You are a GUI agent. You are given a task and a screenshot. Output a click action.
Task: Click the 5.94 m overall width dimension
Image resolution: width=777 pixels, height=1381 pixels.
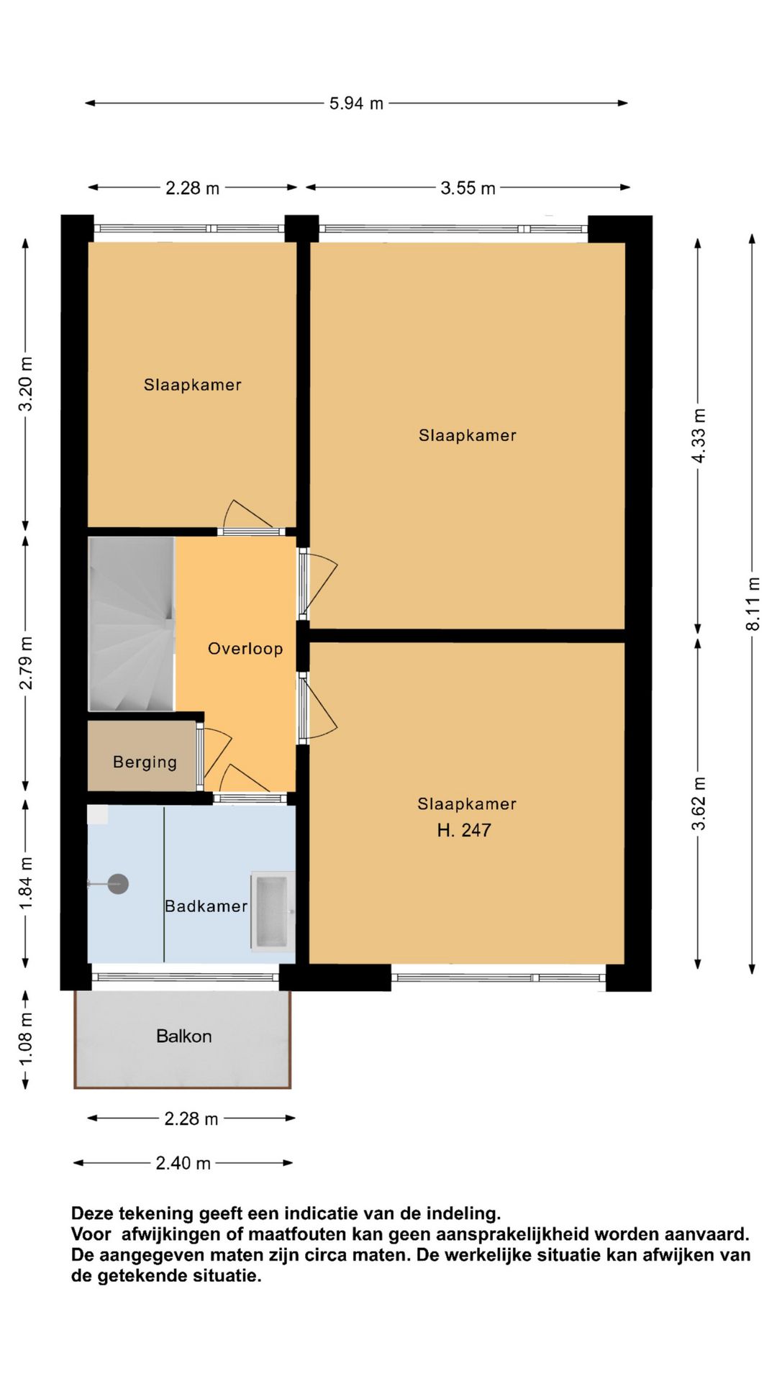click(x=356, y=104)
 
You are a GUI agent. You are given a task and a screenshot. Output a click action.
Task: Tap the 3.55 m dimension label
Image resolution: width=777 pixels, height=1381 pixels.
click(x=468, y=188)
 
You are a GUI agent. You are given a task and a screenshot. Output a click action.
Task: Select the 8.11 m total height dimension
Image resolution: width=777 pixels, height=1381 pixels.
click(x=753, y=604)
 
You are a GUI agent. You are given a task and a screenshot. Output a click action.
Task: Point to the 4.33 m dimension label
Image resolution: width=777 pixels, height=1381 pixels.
click(x=699, y=437)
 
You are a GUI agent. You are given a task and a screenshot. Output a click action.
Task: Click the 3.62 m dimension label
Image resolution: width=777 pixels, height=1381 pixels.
click(x=699, y=803)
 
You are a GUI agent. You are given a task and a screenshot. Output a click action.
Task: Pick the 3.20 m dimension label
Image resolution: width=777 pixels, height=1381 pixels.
click(x=26, y=384)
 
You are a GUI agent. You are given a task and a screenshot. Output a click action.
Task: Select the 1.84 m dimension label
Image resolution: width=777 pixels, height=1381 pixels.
click(x=26, y=883)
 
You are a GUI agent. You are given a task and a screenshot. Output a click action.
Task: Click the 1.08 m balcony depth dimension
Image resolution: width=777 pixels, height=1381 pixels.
click(x=26, y=1040)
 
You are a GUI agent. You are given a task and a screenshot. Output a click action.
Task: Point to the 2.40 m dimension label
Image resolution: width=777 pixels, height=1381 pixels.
click(x=183, y=1163)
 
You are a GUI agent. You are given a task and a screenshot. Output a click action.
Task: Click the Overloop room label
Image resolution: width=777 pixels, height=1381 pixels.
click(x=245, y=649)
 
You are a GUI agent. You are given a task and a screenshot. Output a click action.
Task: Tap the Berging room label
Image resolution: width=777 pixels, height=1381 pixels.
click(x=145, y=762)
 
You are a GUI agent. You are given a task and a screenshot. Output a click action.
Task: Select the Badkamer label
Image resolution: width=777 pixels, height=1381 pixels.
click(x=206, y=906)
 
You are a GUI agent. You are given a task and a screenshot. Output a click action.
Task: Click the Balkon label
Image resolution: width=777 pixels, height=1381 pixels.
click(x=184, y=1036)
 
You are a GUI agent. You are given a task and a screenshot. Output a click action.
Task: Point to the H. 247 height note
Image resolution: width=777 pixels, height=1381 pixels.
click(x=464, y=831)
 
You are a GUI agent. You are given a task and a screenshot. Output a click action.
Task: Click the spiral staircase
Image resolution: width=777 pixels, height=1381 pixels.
click(x=131, y=624)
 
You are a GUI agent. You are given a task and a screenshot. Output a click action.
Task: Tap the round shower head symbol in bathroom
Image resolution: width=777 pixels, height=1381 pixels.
click(x=118, y=884)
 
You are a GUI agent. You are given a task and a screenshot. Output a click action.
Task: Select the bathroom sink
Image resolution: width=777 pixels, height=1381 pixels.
click(x=273, y=911)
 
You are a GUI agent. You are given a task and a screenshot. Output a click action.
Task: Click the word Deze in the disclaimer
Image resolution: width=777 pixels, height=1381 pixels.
click(x=92, y=1214)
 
